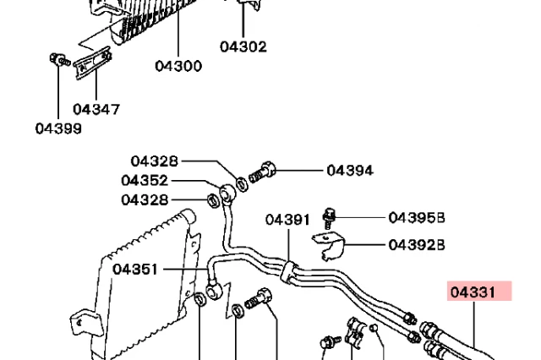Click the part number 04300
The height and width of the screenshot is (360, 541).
pyautogui.click(x=178, y=65)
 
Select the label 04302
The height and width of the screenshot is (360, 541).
pyautogui.click(x=243, y=46)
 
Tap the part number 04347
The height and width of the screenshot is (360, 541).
pyautogui.click(x=96, y=109)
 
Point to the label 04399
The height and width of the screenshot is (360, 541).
pyautogui.click(x=58, y=128)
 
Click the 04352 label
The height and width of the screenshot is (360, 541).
pyautogui.click(x=145, y=180)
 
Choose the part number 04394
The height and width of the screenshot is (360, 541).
pyautogui.click(x=350, y=170)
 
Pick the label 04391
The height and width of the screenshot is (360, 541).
pyautogui.click(x=287, y=219)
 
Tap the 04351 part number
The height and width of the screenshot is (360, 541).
pyautogui.click(x=135, y=270)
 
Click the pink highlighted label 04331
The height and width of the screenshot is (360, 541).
pyautogui.click(x=478, y=292)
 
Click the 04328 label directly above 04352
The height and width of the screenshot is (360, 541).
pyautogui.click(x=154, y=161)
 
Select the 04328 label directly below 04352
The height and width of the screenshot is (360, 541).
pyautogui.click(x=145, y=199)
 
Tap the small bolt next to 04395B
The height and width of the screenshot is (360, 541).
pyautogui.click(x=331, y=218)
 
